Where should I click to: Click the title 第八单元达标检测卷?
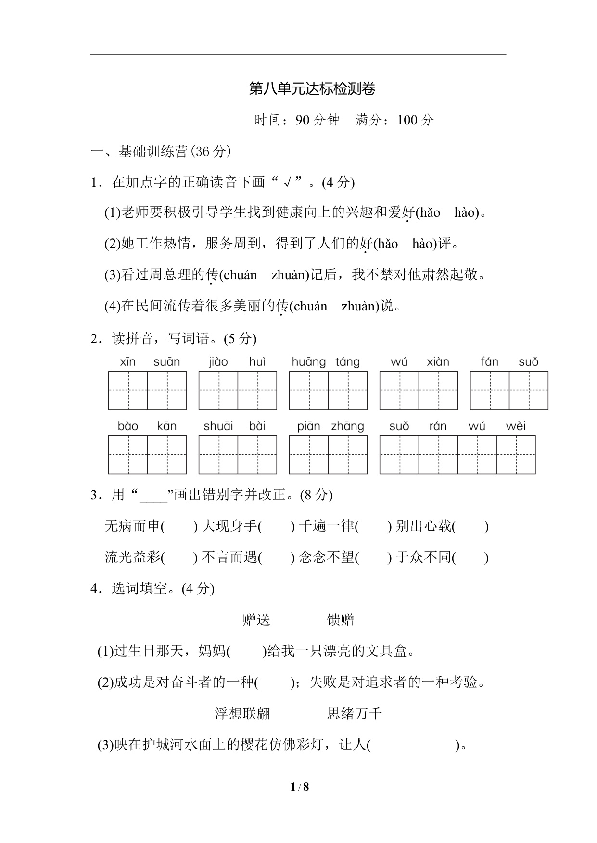pos(312,89)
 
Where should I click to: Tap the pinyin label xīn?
pos(127,362)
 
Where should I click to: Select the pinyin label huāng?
pos(308,362)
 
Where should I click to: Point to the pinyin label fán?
pos(489,362)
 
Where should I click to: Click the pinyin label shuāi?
pos(218,426)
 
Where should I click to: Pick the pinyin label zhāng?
pos(347,426)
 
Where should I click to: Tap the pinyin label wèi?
pos(516,426)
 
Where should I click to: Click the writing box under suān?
pos(167,390)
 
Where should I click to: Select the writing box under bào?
pos(127,455)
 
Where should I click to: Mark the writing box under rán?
pos(438,455)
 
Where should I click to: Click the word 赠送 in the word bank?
pos(256,620)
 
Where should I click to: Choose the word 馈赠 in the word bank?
pos(340,620)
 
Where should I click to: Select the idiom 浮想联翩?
pos(242,714)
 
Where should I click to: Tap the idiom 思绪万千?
pos(355,714)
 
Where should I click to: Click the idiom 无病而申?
pos(132,526)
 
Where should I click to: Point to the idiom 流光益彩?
pos(132,558)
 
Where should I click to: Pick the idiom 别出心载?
pos(423,526)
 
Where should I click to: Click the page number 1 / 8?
pos(299,787)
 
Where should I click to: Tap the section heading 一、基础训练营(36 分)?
pos(161,152)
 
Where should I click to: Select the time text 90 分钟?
pos(318,120)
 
